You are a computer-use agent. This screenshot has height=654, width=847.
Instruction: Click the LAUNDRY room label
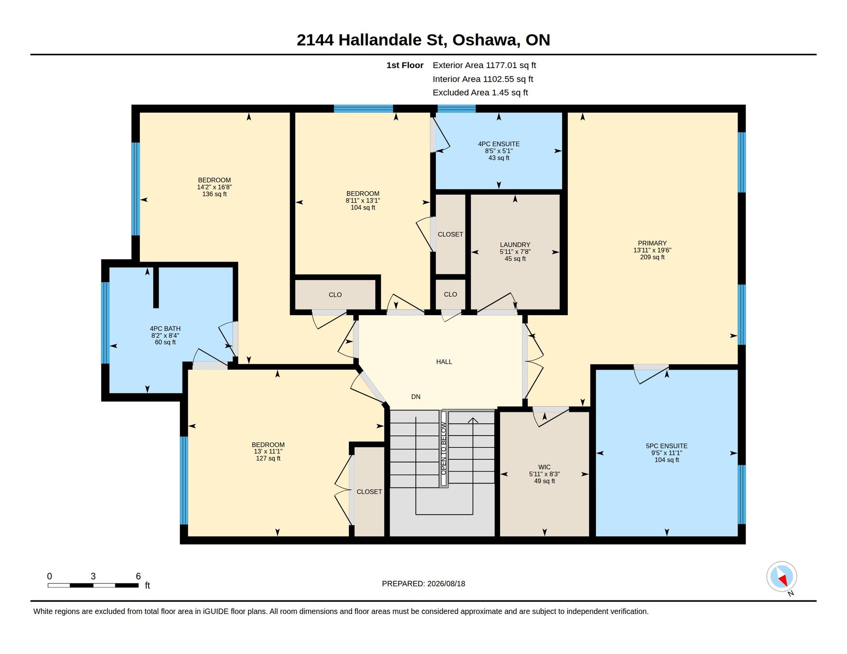tap(515, 245)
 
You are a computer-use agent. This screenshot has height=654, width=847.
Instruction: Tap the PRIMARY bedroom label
tap(652, 243)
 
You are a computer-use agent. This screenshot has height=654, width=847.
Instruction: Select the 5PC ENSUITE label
tap(666, 446)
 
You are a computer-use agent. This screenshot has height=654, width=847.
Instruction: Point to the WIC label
tap(544, 467)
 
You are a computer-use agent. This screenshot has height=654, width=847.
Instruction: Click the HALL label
tap(444, 361)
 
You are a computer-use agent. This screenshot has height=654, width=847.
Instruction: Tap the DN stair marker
tap(416, 397)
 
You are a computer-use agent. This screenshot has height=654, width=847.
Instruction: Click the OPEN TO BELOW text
tap(444, 448)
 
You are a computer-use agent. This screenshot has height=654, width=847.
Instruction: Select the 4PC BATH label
tap(165, 329)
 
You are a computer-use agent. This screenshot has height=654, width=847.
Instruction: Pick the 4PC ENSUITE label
tap(498, 144)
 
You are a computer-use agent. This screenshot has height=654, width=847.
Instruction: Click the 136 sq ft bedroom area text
tap(214, 194)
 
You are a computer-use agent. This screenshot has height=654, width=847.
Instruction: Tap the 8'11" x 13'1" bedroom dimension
tap(363, 201)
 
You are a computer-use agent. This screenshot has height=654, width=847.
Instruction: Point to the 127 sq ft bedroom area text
tap(268, 459)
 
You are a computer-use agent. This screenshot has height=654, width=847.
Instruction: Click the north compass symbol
tap(782, 577)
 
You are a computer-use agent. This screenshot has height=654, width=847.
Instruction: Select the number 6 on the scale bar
tap(138, 576)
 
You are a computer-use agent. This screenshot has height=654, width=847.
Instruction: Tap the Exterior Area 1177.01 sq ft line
tap(484, 65)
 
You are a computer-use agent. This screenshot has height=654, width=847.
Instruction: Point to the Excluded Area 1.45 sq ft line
tap(480, 92)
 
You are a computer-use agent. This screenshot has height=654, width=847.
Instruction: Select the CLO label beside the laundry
tap(450, 294)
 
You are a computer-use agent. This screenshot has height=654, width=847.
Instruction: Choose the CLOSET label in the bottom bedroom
tap(369, 492)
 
